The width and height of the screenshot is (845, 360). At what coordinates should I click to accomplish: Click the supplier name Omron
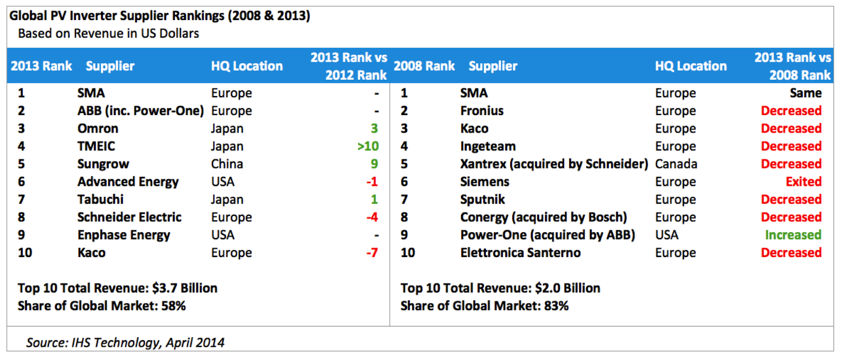pos(98,129)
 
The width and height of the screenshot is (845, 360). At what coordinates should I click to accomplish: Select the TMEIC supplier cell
pos(96,146)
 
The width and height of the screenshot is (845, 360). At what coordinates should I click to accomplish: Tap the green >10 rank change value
pos(368,146)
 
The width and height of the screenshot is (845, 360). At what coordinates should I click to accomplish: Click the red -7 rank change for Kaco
pos(372,252)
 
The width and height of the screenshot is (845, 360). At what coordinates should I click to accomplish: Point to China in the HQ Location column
pos(227,164)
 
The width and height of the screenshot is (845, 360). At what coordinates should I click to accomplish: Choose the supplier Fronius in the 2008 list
pos(482,111)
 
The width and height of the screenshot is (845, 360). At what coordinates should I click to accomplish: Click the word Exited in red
pos(803,182)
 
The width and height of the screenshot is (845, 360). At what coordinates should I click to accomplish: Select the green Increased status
pos(793,235)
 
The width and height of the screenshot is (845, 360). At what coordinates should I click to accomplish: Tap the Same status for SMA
pos(806,93)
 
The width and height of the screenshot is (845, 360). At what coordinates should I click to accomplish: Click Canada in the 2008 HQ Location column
pos(676,164)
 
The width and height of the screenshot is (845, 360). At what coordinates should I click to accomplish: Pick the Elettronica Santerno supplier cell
pos(520,252)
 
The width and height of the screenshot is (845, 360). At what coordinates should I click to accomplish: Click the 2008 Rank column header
pos(424,66)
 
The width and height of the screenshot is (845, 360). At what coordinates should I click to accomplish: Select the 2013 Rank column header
pos(41,66)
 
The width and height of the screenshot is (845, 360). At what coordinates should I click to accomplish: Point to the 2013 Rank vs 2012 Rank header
pos(349,66)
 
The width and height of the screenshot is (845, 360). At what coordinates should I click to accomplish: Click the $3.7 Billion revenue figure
pos(184,288)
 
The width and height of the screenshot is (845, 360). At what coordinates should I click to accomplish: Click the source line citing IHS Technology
pos(125,343)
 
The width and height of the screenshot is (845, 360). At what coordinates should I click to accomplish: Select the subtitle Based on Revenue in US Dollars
pos(108,34)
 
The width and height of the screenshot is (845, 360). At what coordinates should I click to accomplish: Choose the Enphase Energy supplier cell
pos(124,235)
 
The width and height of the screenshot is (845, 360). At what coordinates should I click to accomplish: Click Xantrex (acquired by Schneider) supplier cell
pos(554,164)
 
